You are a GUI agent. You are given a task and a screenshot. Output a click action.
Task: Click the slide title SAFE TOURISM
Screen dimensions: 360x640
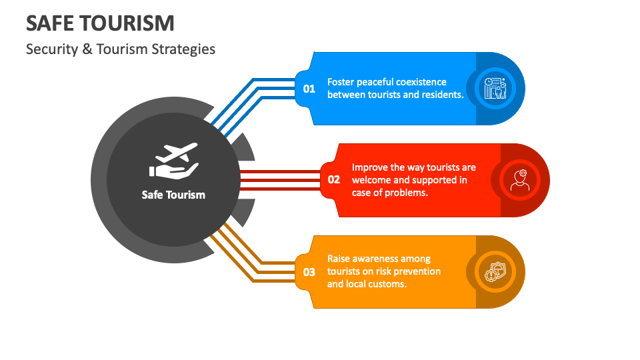[x=100, y=23]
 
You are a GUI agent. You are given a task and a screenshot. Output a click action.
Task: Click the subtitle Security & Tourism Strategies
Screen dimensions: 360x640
[x=121, y=49]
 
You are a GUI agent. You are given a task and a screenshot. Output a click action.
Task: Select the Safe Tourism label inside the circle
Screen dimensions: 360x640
[x=173, y=195]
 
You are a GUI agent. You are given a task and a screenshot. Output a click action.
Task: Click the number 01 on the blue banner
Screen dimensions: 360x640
[x=309, y=88]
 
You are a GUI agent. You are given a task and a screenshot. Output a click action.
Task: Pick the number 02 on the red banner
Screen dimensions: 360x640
[x=334, y=179]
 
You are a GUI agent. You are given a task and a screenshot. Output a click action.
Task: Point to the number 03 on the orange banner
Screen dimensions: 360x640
[x=309, y=271]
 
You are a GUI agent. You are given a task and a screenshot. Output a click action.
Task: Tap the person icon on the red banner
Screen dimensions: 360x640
[x=520, y=179]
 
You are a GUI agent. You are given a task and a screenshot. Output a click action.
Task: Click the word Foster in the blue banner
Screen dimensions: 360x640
[x=341, y=82]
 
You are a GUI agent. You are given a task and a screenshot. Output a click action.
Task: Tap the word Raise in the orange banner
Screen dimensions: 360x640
[x=339, y=259]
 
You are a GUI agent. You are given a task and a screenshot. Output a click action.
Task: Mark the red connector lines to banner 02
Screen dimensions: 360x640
[x=280, y=180]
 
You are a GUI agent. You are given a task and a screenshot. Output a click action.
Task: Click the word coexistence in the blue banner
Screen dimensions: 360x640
[x=421, y=82]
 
